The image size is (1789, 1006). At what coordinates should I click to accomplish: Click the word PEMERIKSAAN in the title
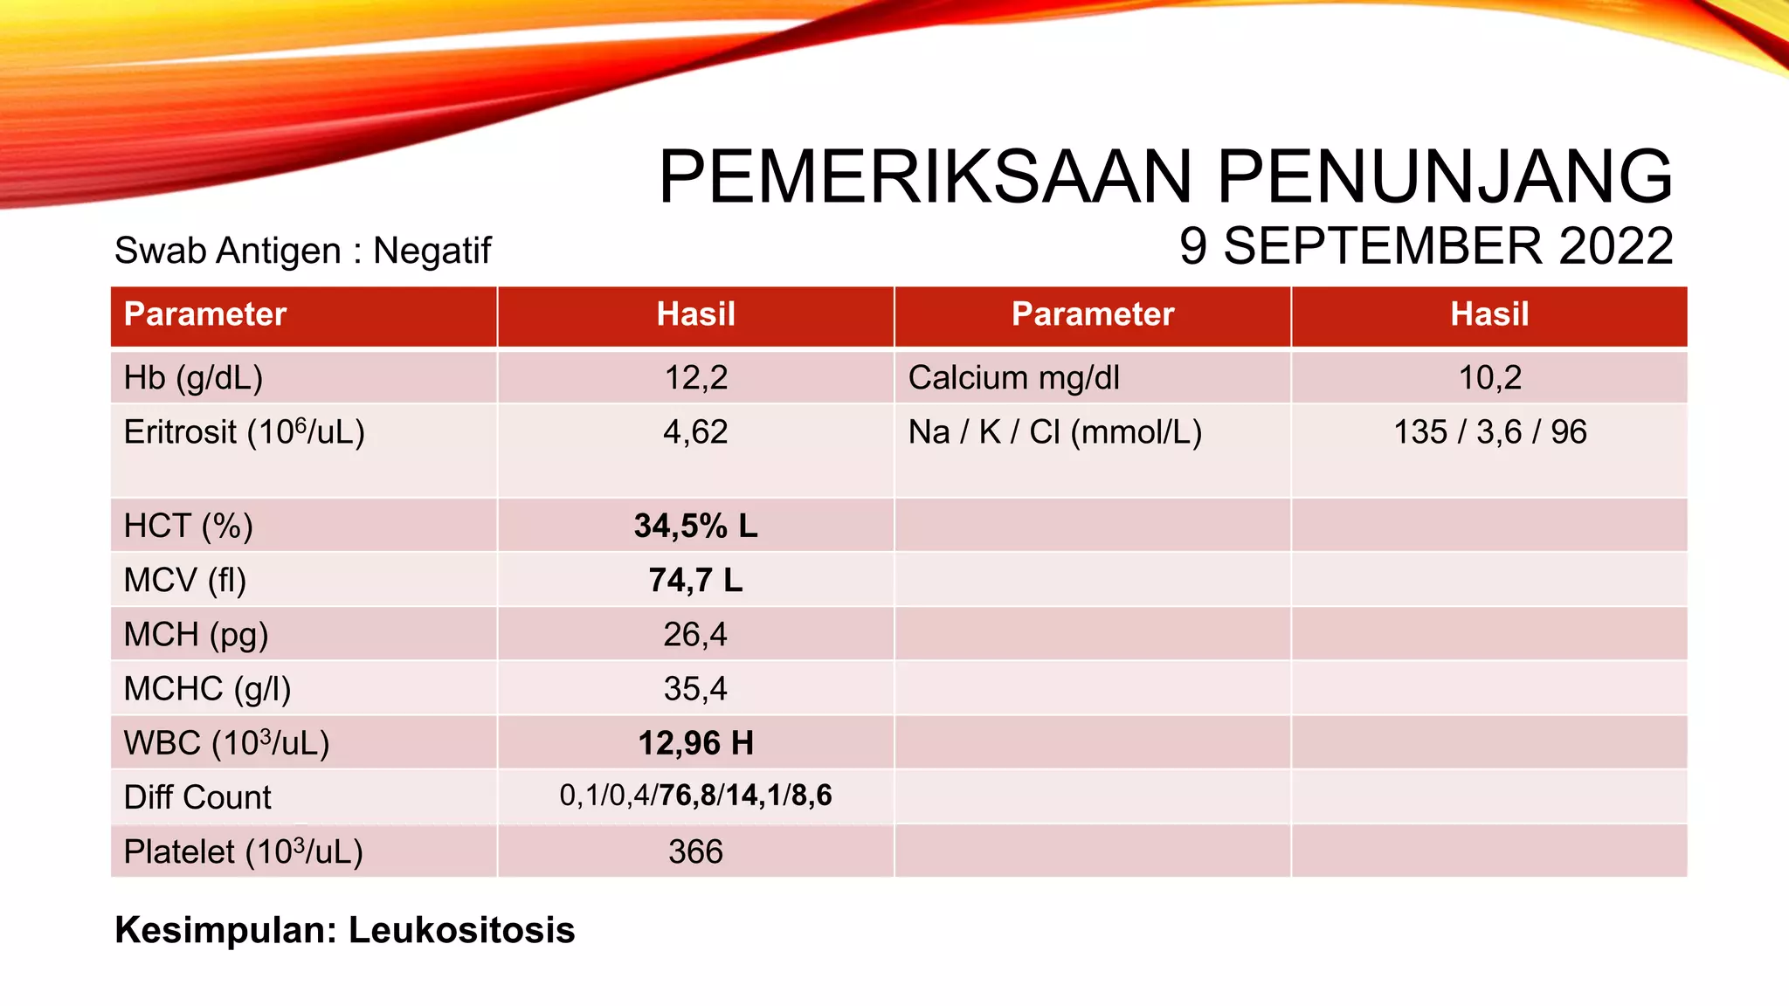(x=925, y=177)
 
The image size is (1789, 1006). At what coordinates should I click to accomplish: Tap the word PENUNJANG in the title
(x=1445, y=177)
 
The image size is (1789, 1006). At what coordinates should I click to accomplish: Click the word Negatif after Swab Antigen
(x=432, y=251)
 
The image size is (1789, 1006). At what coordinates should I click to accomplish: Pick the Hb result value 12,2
(x=696, y=377)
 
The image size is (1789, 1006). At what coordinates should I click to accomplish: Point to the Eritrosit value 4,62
(x=695, y=432)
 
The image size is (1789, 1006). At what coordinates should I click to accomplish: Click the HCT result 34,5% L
(x=696, y=526)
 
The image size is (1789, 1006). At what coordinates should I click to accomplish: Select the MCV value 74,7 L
(x=696, y=580)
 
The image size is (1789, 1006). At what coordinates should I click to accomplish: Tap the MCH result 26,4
(x=695, y=634)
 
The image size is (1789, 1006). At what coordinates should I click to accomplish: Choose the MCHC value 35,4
(x=695, y=689)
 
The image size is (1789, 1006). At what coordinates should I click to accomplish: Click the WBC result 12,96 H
(x=696, y=743)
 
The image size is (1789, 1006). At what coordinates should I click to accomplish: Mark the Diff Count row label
(x=197, y=797)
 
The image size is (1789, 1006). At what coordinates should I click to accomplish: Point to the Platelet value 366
(x=696, y=851)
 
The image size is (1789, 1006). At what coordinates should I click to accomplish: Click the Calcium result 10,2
(x=1490, y=377)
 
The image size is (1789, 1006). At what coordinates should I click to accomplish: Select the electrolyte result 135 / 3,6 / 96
(x=1490, y=432)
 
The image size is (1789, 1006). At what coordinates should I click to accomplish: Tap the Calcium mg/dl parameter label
(x=1014, y=377)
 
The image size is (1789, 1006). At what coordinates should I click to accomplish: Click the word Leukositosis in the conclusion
(x=462, y=930)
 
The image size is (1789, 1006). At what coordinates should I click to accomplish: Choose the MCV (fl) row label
(x=185, y=580)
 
